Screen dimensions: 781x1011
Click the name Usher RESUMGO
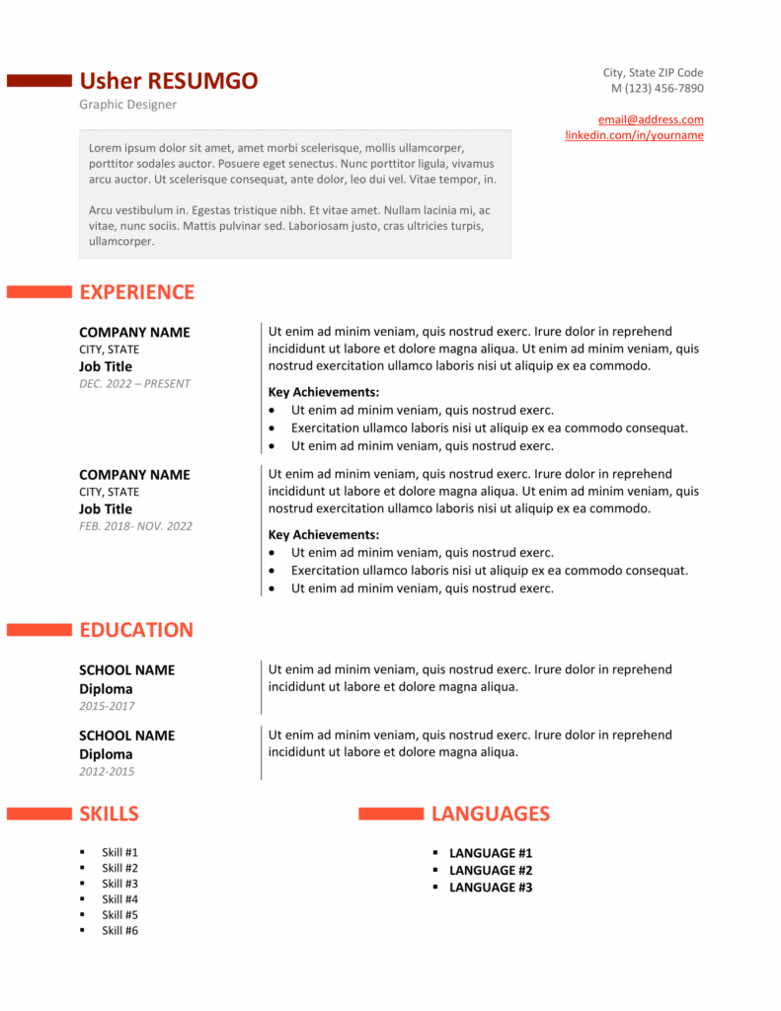[169, 81]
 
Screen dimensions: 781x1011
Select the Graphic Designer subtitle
[128, 105]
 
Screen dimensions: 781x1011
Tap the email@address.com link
[651, 119]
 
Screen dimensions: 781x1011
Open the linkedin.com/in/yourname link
[634, 135]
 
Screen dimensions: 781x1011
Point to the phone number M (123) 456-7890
[657, 88]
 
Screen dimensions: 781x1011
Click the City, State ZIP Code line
[653, 72]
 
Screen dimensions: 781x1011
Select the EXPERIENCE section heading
[136, 292]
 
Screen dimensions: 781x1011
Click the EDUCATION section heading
[136, 630]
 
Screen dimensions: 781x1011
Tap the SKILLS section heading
[109, 814]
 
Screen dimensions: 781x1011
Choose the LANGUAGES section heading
[490, 814]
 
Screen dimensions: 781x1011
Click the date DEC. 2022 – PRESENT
[134, 384]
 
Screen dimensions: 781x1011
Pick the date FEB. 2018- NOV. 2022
[135, 526]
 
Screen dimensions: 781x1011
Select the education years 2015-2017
[107, 706]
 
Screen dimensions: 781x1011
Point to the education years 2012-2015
[107, 771]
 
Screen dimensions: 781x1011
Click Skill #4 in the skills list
[119, 899]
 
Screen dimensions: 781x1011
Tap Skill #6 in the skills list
[119, 931]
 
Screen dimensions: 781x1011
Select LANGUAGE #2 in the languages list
[491, 870]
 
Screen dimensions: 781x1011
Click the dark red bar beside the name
[39, 81]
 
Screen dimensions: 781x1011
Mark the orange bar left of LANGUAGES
[391, 814]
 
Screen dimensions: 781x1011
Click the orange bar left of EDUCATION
[39, 630]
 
